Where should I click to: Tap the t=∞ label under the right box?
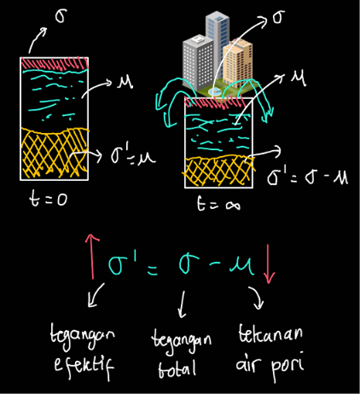(x=218, y=204)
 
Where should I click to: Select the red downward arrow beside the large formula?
(x=268, y=264)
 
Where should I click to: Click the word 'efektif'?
(x=84, y=365)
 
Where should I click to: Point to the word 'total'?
(x=177, y=368)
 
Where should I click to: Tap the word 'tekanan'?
(x=270, y=333)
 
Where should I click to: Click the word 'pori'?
(x=287, y=366)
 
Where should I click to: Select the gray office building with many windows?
(x=198, y=61)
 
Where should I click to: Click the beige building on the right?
(x=238, y=62)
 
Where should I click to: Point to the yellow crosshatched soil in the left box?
(x=54, y=153)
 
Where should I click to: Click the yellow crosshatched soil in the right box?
(x=218, y=170)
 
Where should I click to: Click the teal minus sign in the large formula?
(x=215, y=264)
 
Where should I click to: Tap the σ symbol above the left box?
(x=61, y=15)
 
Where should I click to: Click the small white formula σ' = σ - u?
(x=307, y=177)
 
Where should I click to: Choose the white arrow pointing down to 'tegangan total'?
(x=182, y=304)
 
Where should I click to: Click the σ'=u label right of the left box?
(x=133, y=155)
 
